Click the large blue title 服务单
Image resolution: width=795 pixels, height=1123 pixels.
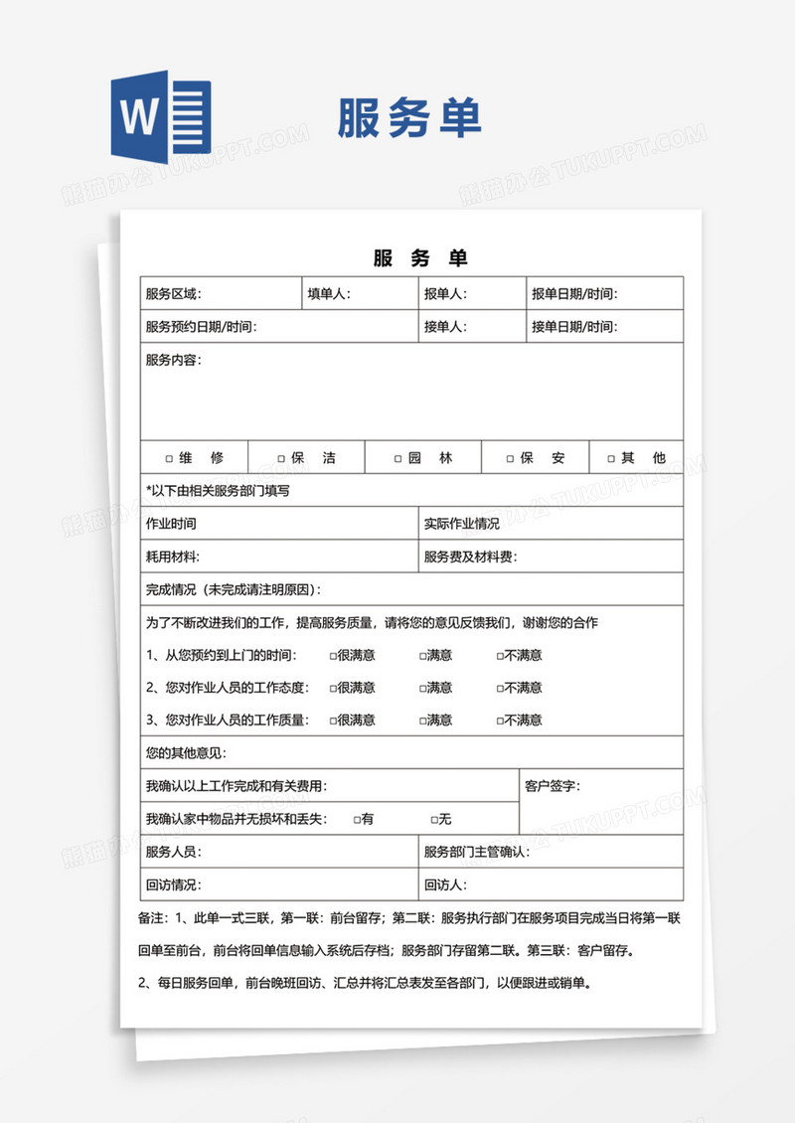click(409, 117)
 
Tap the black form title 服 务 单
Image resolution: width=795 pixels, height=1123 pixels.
click(420, 258)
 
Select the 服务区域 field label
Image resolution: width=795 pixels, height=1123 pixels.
click(173, 294)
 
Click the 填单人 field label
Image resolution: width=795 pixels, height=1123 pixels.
click(328, 294)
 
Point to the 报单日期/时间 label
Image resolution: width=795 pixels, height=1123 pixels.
click(573, 294)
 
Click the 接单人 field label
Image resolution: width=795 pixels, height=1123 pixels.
click(445, 327)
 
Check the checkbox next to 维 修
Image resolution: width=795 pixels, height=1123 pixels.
click(169, 459)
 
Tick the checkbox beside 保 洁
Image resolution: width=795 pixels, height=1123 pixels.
click(281, 459)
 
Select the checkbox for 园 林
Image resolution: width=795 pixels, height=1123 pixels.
click(398, 459)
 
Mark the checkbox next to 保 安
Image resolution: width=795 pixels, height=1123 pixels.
click(511, 459)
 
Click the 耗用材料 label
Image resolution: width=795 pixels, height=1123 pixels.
click(172, 558)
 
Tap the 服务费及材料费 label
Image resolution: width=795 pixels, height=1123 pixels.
click(470, 558)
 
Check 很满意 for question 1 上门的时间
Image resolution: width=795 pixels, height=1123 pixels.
click(334, 656)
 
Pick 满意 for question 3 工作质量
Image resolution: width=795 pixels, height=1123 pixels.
click(422, 721)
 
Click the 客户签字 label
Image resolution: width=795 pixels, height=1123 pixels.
click(553, 786)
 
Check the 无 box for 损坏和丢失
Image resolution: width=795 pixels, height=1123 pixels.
click(434, 820)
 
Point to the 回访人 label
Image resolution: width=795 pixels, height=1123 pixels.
click(445, 884)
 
